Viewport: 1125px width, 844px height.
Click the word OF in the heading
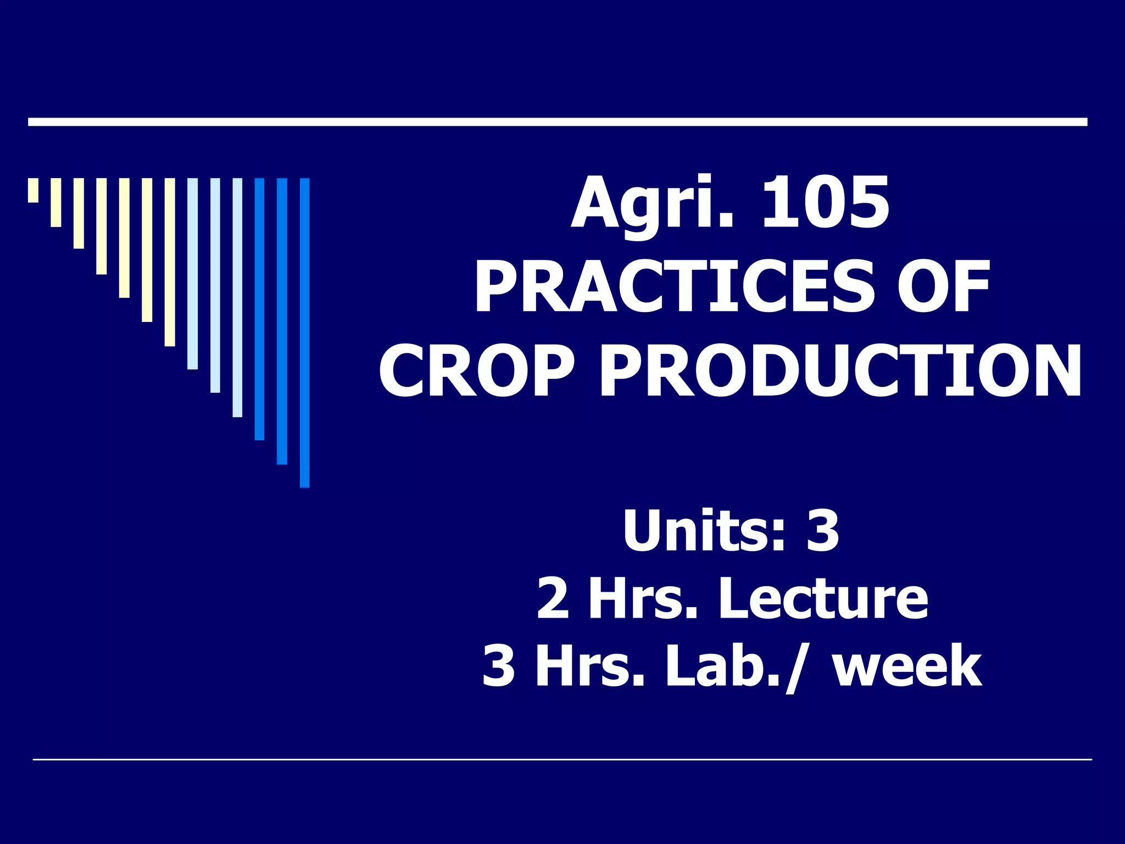943,287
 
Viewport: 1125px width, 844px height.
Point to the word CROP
476,370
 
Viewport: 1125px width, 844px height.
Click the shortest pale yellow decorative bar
34,190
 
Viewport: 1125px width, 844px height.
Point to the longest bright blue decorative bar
304,332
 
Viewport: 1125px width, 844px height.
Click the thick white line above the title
557,122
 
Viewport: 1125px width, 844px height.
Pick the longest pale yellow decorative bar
170,262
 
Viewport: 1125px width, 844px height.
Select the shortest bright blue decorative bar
259,309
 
